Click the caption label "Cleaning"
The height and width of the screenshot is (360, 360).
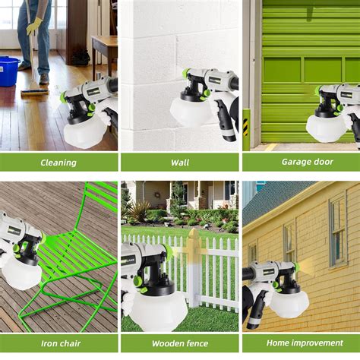(58, 162)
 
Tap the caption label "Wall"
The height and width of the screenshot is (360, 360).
(180, 162)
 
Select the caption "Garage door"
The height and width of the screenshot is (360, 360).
(302, 162)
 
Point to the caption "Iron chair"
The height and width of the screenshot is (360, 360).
(58, 343)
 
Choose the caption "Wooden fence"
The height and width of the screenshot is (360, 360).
(180, 343)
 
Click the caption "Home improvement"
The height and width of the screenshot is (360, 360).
(302, 343)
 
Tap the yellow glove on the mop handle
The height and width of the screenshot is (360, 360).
(34, 26)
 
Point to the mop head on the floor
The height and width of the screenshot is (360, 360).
(35, 91)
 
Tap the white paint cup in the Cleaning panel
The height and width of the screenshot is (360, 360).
(84, 134)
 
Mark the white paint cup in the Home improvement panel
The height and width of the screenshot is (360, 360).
(289, 302)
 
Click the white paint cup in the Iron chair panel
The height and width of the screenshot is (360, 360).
(21, 273)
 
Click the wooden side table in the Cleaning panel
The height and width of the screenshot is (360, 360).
(104, 53)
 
